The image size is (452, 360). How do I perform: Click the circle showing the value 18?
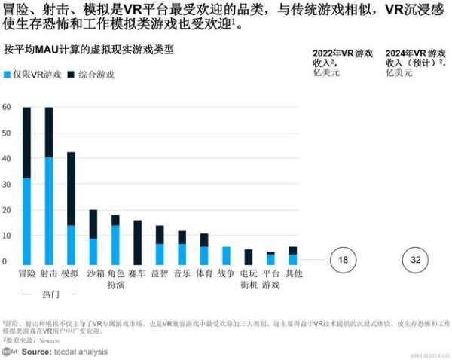(343, 260)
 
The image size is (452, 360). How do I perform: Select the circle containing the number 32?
(416, 260)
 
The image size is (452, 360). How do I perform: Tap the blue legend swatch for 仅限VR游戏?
(8, 75)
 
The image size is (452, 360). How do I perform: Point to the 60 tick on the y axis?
(7, 108)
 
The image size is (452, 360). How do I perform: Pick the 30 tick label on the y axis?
(7, 185)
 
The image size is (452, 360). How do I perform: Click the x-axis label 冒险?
(27, 275)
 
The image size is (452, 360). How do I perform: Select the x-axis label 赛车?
(138, 275)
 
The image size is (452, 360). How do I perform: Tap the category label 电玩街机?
(248, 279)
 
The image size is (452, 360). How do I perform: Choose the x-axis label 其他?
(293, 275)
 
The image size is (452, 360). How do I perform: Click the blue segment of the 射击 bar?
(49, 211)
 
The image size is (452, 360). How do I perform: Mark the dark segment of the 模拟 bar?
(71, 188)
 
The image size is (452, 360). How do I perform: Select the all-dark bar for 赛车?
(138, 242)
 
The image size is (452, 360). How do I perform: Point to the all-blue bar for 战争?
(226, 255)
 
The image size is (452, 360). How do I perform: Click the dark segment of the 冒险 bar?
(27, 142)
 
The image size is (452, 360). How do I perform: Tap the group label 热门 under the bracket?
(50, 294)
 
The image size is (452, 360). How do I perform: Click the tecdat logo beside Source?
(10, 352)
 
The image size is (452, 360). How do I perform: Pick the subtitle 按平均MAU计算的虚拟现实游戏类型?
(88, 50)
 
